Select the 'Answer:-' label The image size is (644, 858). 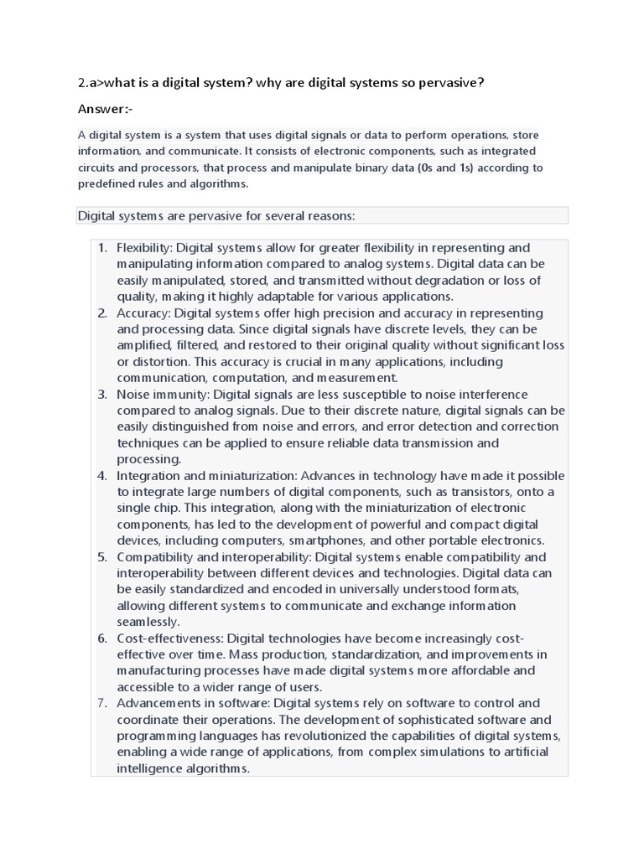(x=105, y=109)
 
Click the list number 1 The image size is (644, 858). (x=102, y=248)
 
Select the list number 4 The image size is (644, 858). (x=102, y=476)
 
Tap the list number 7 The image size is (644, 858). (x=102, y=703)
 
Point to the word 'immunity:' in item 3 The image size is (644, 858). (x=181, y=395)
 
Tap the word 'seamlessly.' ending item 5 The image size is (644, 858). (x=148, y=622)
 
